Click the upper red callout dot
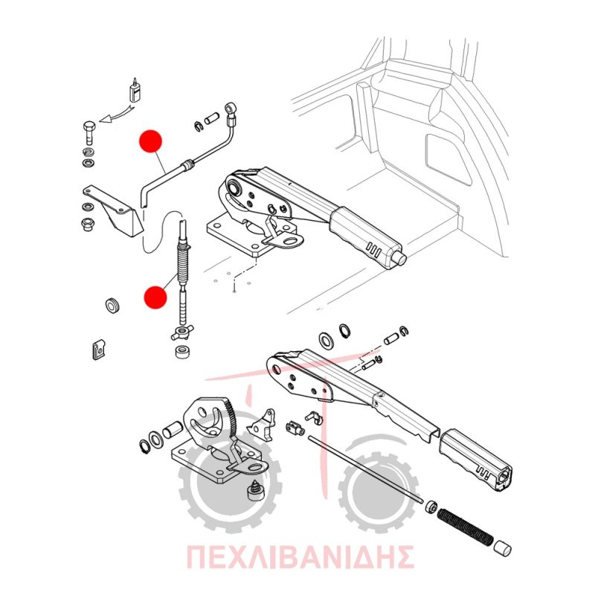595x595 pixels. [151, 141]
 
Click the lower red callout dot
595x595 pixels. [155, 297]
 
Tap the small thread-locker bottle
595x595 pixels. [135, 91]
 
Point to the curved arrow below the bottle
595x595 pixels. [116, 115]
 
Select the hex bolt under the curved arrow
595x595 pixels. [89, 132]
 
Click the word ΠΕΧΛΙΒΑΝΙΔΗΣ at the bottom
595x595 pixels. [300, 557]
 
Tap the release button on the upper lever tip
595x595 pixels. [401, 258]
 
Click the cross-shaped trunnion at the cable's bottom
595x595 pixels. [182, 333]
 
